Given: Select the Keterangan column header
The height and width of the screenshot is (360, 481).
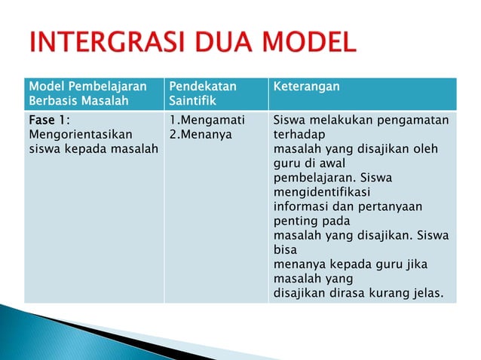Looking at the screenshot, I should pos(306,87).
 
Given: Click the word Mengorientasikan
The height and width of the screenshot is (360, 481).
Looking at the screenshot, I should pos(69,134).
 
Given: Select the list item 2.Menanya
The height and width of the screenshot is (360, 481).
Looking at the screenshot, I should pos(201,134).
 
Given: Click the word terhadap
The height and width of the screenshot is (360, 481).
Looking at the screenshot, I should pos(297,134).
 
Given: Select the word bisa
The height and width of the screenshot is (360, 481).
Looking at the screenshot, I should pos(285,249).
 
